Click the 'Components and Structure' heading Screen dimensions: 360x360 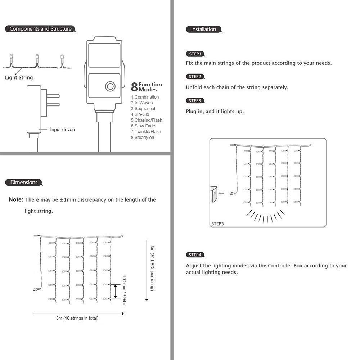click(40, 29)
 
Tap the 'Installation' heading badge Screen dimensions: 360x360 click(203, 30)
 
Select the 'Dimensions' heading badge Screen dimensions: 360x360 click(24, 183)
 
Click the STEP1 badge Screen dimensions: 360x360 click(195, 54)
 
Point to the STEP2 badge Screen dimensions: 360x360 click(195, 77)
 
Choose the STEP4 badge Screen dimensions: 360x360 click(195, 255)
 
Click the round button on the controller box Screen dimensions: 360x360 click(110, 86)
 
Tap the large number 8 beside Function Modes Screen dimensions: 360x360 click(134, 87)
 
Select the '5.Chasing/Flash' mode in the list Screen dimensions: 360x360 click(147, 120)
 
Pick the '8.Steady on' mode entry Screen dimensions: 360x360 click(143, 138)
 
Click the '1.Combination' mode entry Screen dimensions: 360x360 click(145, 97)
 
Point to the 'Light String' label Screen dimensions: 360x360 click(19, 78)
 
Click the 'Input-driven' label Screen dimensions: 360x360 click(63, 130)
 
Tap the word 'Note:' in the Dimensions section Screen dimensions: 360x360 click(16, 200)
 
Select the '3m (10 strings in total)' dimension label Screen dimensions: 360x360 click(77, 318)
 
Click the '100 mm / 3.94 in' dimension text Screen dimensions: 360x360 click(124, 291)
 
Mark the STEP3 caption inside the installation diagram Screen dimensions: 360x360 click(217, 224)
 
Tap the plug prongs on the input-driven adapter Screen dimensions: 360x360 click(53, 100)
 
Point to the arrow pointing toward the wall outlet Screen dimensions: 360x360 click(221, 193)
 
